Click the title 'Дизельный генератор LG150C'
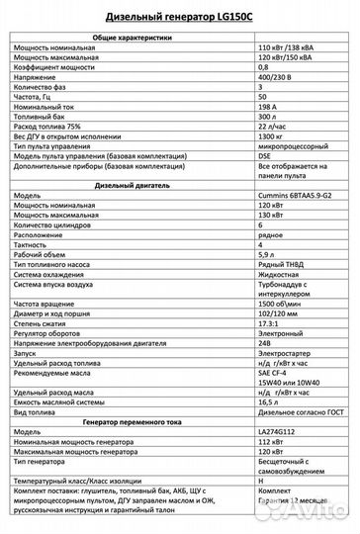tap(179, 17)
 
